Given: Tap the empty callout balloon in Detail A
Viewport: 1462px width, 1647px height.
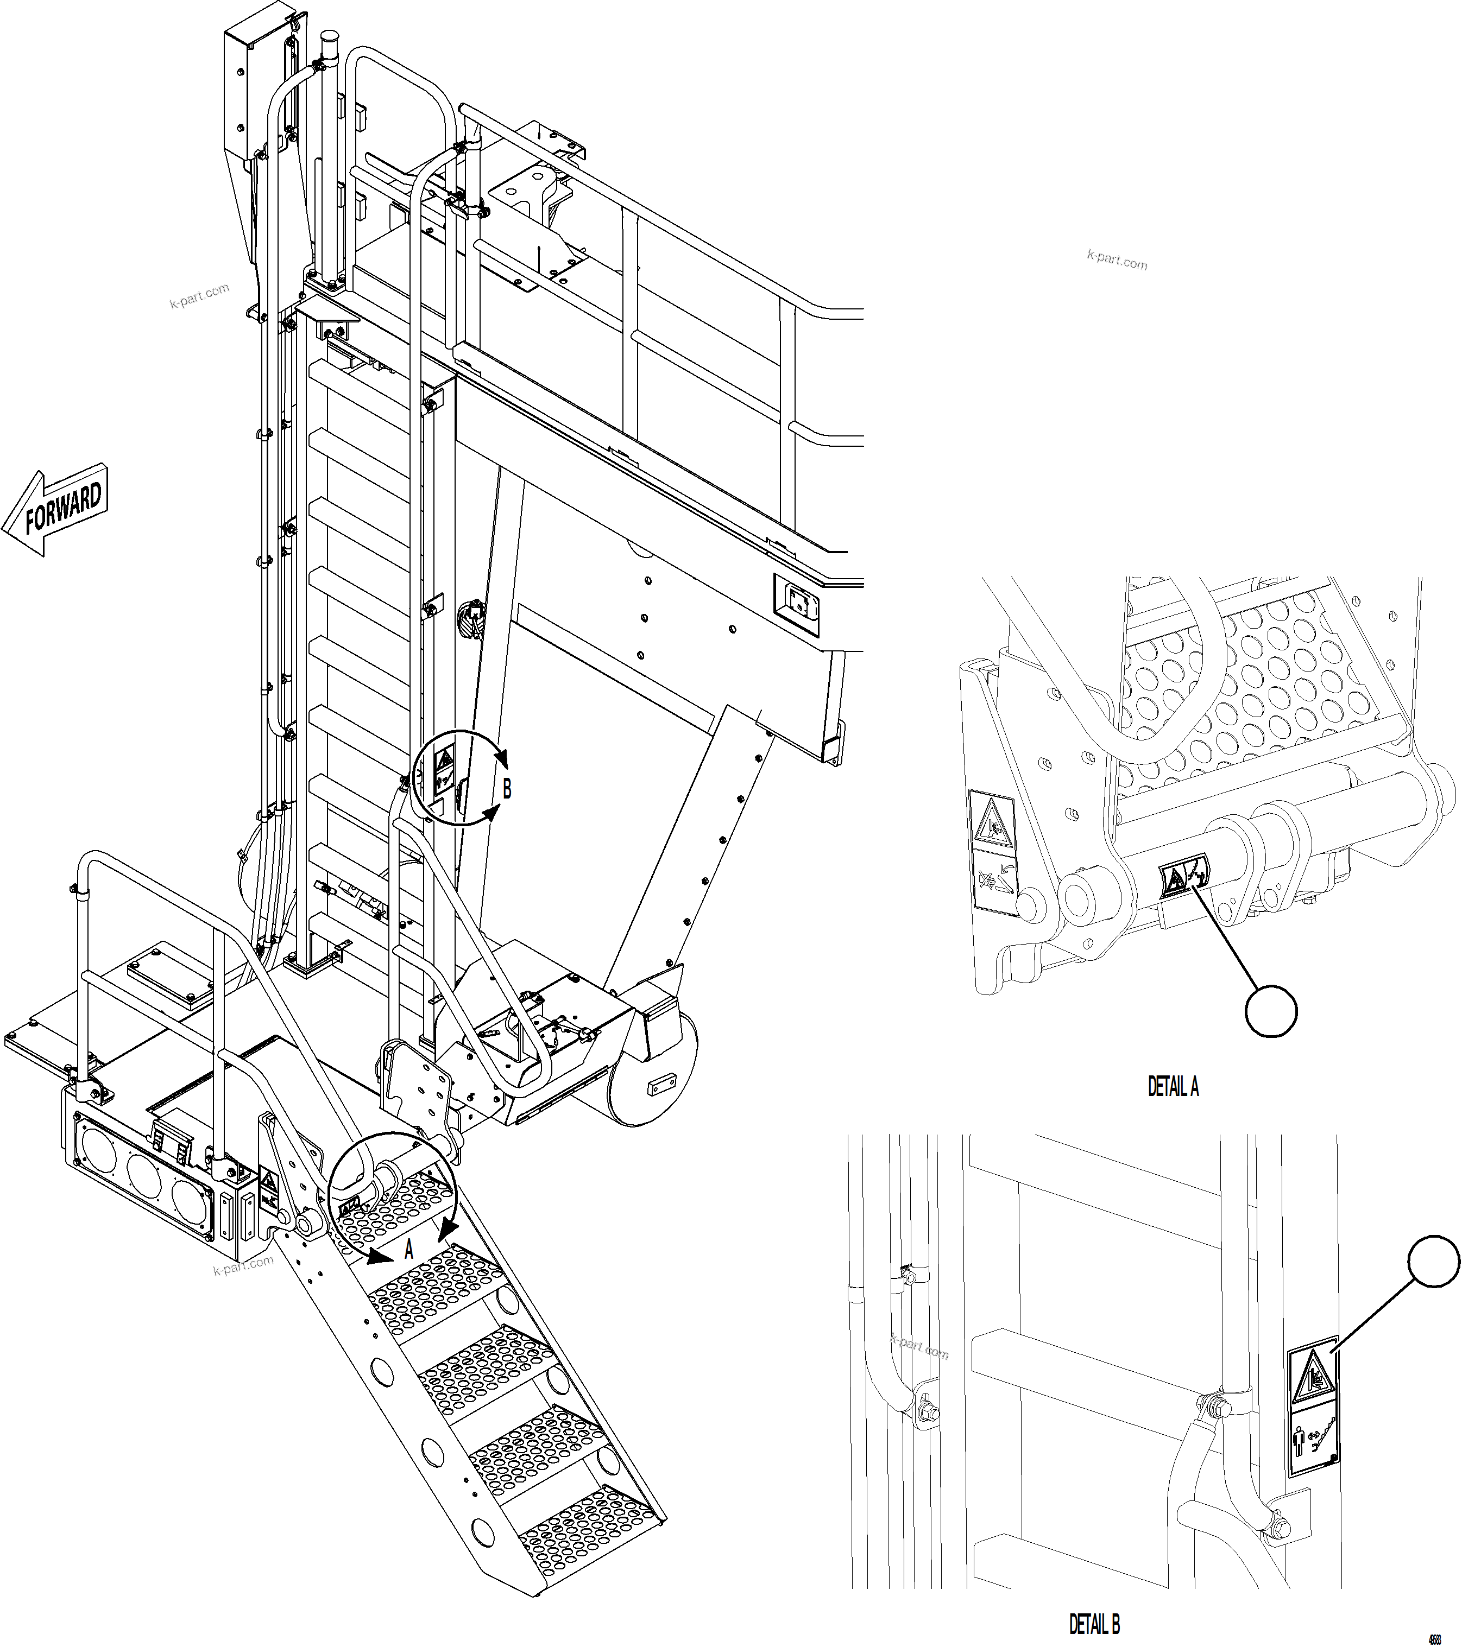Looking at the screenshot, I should coord(1271,1010).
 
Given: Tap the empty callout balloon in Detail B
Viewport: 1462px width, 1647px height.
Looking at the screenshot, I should coord(1434,1263).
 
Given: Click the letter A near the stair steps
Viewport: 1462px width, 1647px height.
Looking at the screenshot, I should coord(408,1251).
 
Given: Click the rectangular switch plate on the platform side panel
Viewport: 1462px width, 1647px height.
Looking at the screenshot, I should coord(797,600).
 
